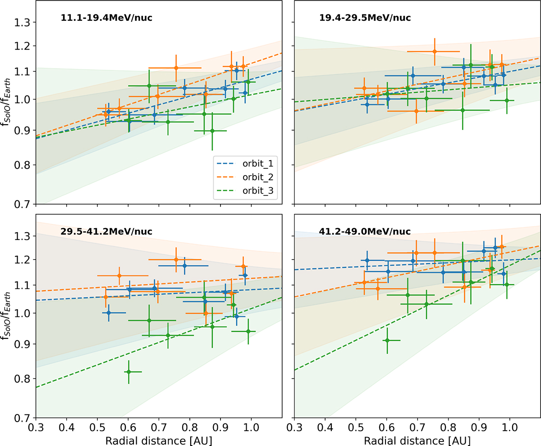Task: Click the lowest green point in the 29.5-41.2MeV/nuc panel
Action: [128, 372]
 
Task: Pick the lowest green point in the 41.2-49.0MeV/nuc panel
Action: [387, 340]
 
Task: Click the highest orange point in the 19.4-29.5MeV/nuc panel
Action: [434, 51]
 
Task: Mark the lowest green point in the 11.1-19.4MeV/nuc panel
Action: [212, 131]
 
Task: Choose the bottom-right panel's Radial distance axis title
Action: [417, 438]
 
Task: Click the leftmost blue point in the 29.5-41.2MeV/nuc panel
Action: [108, 313]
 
